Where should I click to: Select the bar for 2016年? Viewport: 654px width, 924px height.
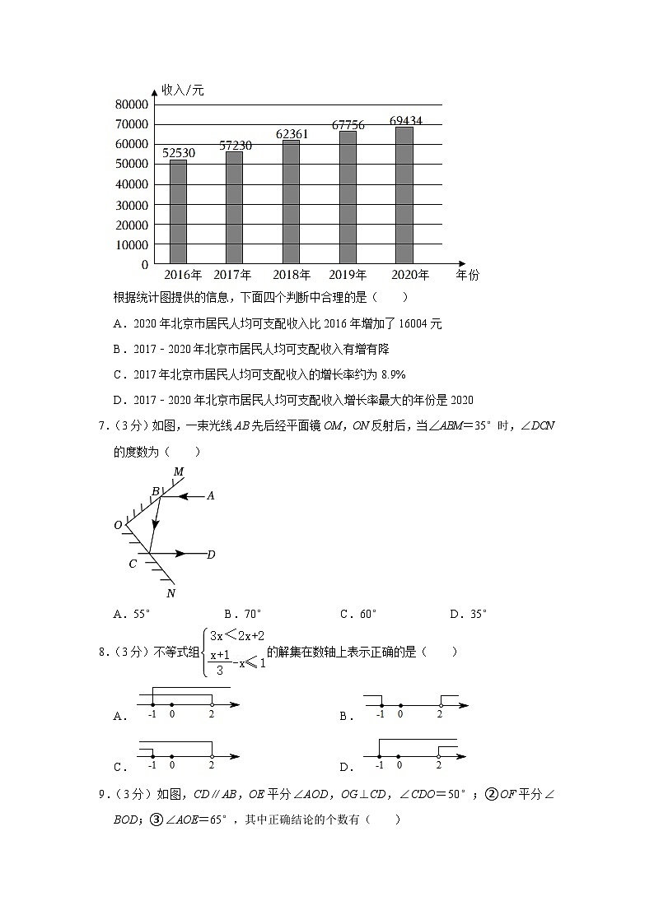click(x=178, y=211)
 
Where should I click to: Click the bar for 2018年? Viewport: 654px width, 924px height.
click(x=291, y=202)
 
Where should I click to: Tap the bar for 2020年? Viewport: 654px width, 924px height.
click(x=404, y=195)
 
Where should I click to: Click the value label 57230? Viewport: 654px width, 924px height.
click(x=235, y=145)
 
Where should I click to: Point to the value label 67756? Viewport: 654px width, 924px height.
click(x=348, y=125)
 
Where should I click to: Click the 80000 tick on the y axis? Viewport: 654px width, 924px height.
click(x=132, y=104)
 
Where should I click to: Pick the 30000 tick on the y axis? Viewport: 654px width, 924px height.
click(x=132, y=205)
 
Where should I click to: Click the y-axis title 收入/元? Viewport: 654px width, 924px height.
click(x=182, y=90)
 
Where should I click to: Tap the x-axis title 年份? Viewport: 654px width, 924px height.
click(x=467, y=275)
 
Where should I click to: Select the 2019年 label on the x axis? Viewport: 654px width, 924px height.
click(x=348, y=275)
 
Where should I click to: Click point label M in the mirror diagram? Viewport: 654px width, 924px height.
click(x=178, y=471)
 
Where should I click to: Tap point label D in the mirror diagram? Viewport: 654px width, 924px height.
click(x=211, y=555)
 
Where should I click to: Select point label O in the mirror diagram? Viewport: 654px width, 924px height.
click(x=118, y=525)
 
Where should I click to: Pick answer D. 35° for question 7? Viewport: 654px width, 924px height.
click(x=468, y=614)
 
